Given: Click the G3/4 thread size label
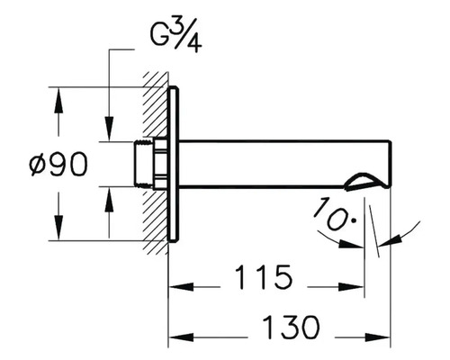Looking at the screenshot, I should [x=175, y=38].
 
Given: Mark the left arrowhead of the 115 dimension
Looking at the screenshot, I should [x=176, y=288].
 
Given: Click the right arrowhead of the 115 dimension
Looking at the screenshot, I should [x=359, y=288].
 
